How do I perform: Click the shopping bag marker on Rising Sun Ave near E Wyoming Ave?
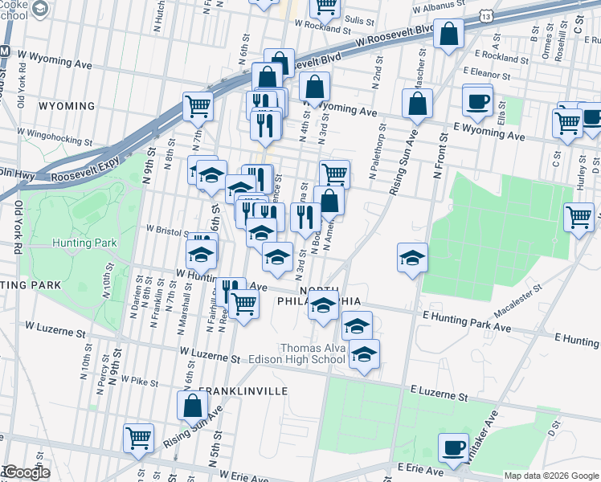417,103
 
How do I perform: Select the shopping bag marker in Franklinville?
192,406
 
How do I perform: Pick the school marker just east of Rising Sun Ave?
412,258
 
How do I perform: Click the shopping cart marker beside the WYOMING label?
198,105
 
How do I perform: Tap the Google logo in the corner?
26,472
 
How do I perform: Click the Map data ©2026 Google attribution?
551,476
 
